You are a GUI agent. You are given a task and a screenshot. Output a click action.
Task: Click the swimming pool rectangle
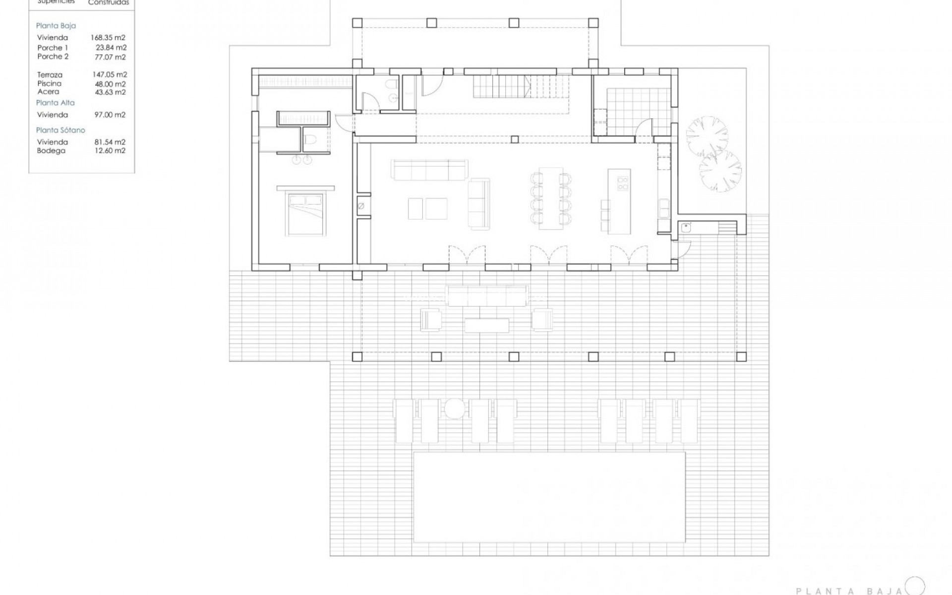(549, 497)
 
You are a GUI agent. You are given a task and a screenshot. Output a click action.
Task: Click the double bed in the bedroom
(305, 214)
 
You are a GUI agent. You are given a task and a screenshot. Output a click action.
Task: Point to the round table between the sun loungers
(454, 409)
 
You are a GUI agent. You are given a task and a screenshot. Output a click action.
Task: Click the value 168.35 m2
(108, 38)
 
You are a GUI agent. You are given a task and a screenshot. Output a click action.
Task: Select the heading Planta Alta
(56, 103)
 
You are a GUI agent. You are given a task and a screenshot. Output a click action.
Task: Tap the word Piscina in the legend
(50, 84)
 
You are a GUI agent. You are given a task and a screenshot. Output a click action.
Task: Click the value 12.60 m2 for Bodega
(110, 151)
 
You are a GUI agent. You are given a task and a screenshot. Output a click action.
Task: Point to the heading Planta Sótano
(60, 130)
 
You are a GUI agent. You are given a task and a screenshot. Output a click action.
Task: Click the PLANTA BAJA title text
(849, 591)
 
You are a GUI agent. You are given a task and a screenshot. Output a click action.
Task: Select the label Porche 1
(53, 48)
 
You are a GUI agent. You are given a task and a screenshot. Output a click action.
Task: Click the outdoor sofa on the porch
(486, 296)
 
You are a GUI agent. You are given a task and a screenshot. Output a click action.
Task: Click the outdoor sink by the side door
(686, 228)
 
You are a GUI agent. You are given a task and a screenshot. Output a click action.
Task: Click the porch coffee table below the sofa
(486, 325)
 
